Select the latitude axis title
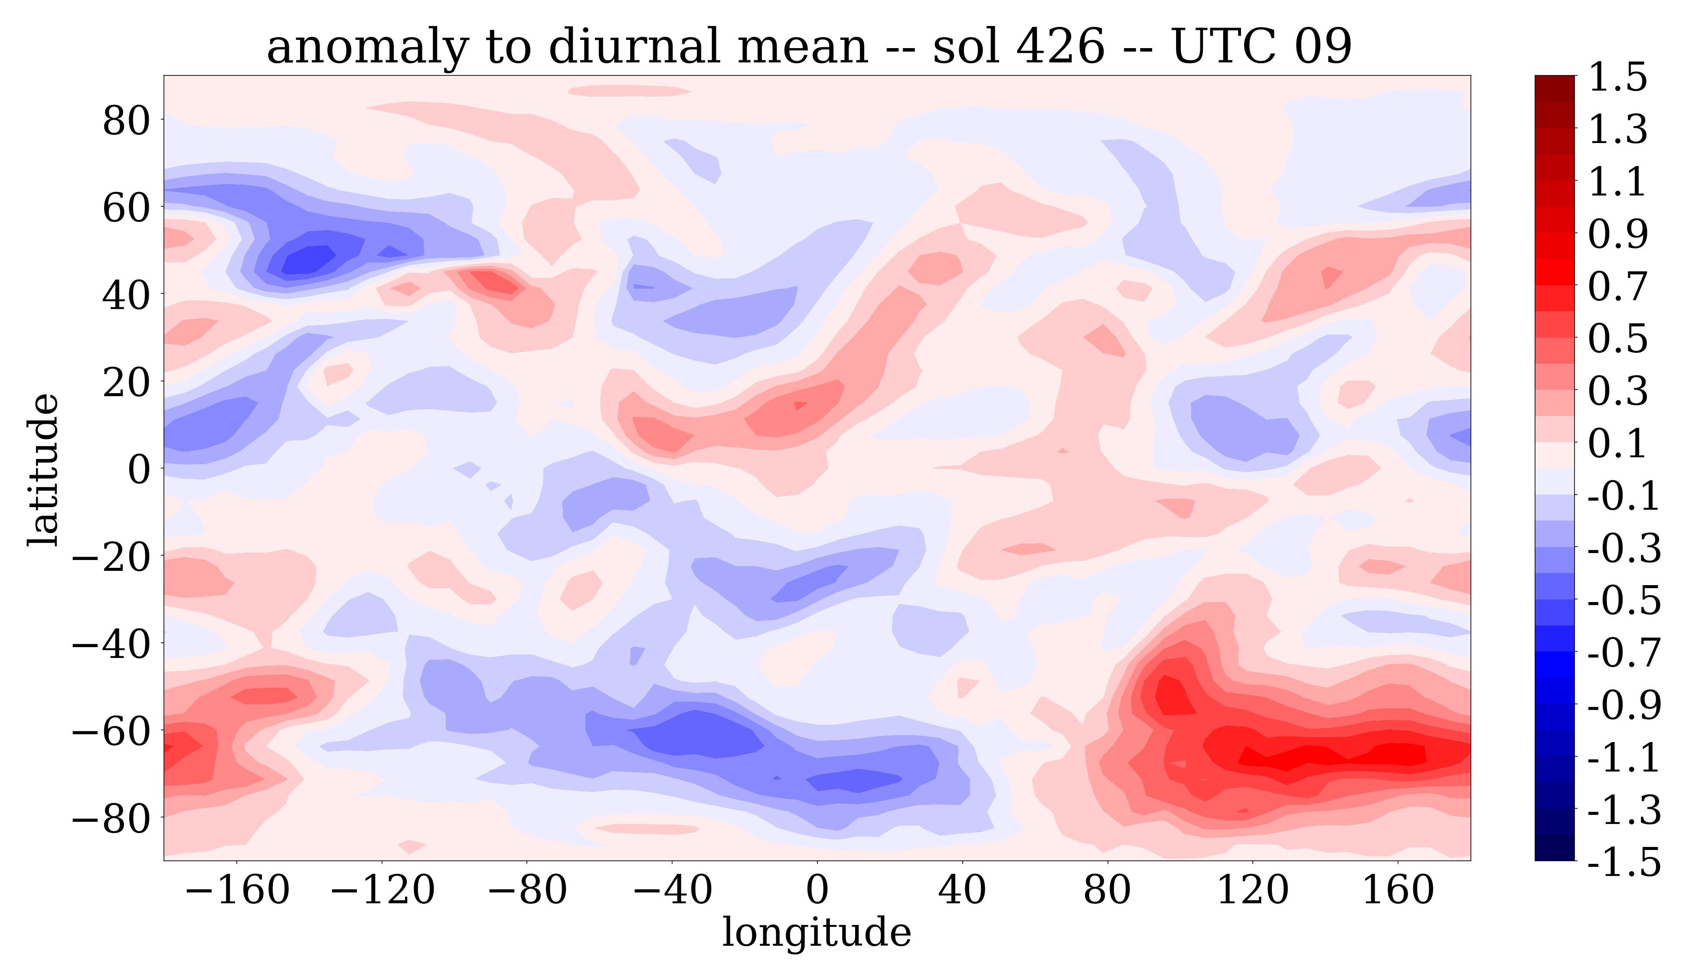point(43,469)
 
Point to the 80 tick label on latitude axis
point(126,121)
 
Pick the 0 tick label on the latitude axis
point(139,469)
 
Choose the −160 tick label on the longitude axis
point(237,890)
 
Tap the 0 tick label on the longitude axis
point(817,890)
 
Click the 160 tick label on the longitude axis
point(1398,890)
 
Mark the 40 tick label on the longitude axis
point(963,890)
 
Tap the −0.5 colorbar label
point(1624,600)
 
